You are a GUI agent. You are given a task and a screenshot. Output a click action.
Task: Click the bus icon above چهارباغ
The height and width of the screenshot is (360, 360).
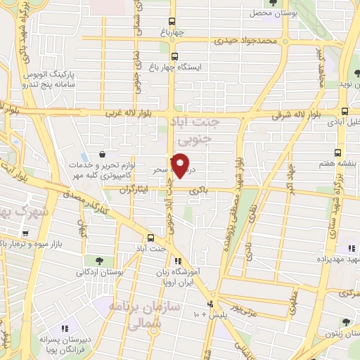174,21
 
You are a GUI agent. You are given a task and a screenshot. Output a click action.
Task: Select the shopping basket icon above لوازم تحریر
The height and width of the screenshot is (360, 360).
103,153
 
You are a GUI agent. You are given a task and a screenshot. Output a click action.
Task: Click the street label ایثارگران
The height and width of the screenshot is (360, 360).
133,189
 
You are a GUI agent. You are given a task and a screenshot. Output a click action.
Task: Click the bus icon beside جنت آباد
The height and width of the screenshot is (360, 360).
151,237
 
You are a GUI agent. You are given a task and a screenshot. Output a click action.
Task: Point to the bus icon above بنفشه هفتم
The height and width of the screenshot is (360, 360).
338,152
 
